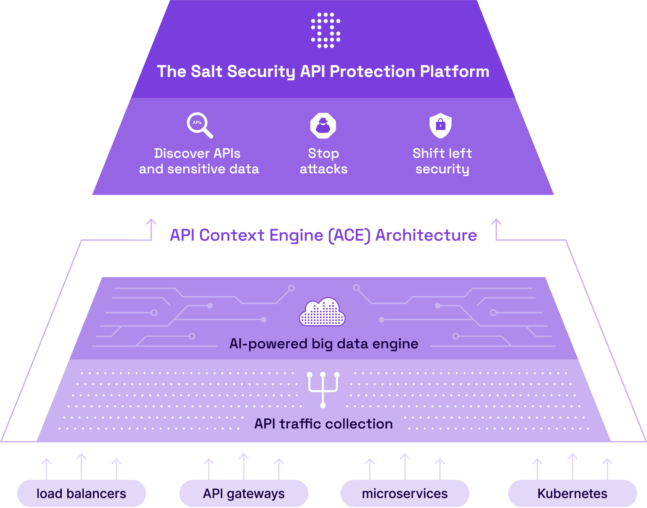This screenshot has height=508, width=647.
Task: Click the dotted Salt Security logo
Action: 325,30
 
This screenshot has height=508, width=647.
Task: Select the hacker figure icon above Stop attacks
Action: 323,126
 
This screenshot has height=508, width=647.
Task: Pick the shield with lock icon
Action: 440,125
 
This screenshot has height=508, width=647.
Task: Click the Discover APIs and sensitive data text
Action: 199,161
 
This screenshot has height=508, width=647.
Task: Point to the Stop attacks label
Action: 323,161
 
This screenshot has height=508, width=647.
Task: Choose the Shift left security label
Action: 442,161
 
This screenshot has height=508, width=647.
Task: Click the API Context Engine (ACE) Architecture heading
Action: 323,235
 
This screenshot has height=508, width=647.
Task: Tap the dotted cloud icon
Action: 322,312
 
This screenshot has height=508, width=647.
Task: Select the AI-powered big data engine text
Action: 323,344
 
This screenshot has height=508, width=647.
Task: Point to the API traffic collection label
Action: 323,424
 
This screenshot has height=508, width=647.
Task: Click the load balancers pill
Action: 82,494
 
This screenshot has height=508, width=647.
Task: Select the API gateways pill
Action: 244,494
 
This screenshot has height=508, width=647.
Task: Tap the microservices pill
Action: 405,494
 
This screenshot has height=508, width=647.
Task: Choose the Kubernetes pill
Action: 572,494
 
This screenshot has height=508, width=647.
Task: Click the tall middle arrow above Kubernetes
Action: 572,466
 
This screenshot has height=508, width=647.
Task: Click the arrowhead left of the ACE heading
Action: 151,222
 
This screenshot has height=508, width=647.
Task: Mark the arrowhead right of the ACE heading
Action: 496,222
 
